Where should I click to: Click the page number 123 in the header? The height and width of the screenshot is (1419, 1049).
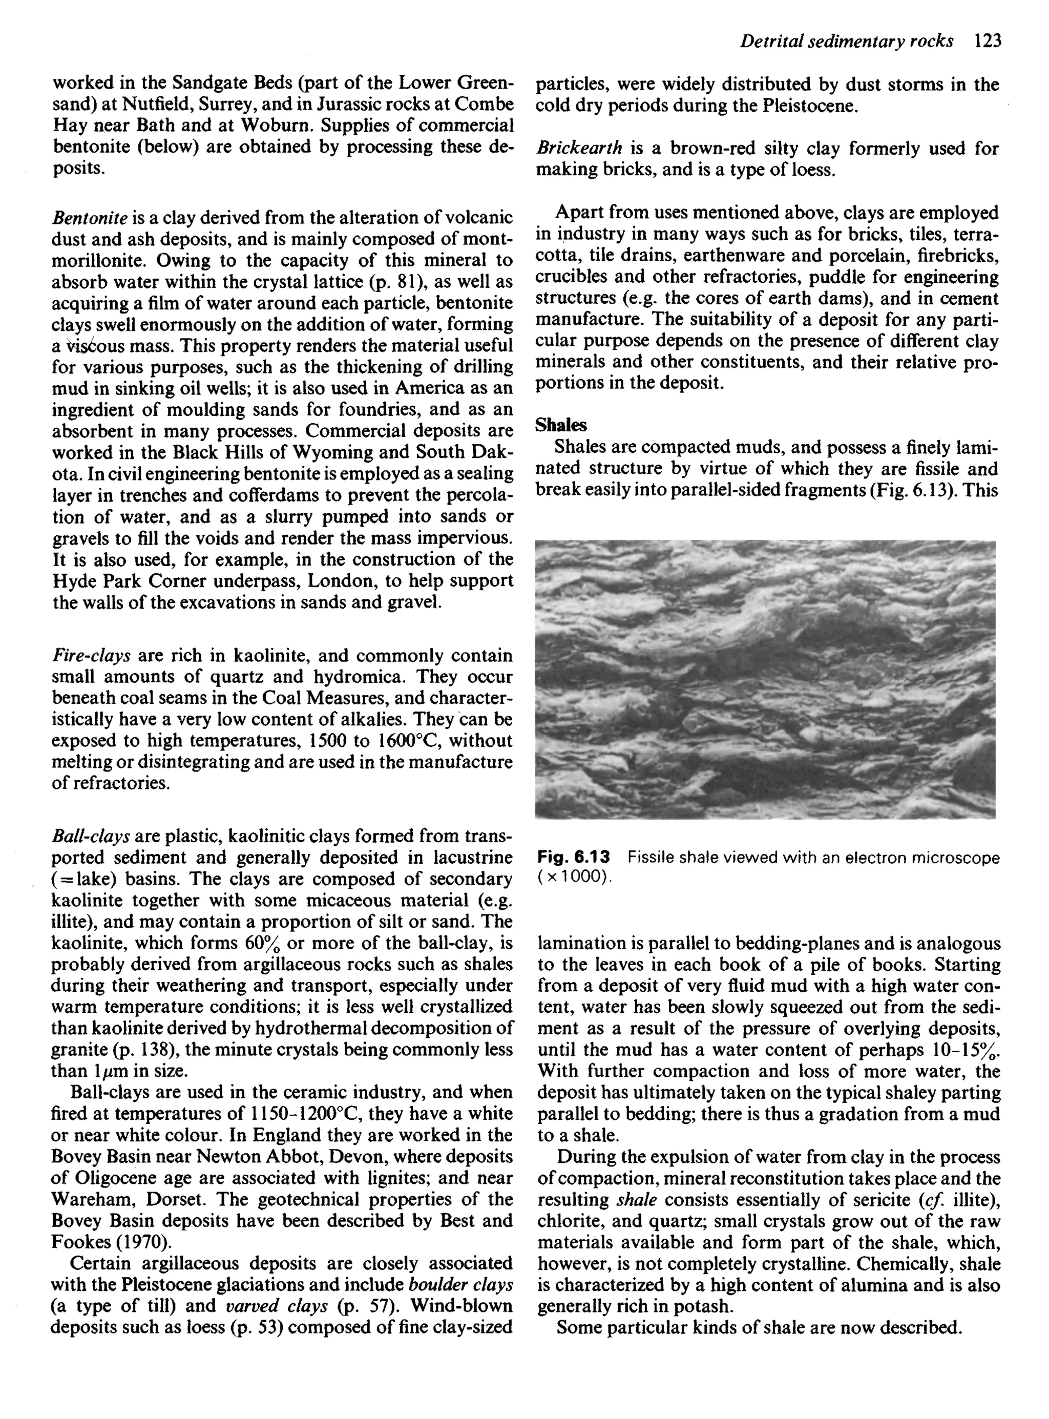point(987,41)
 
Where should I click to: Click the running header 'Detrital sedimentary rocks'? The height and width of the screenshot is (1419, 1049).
point(847,41)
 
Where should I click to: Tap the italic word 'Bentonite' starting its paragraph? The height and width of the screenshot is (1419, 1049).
point(90,218)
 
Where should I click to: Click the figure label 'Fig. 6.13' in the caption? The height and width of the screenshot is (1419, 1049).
point(573,858)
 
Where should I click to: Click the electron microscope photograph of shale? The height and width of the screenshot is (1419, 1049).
point(765,679)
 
